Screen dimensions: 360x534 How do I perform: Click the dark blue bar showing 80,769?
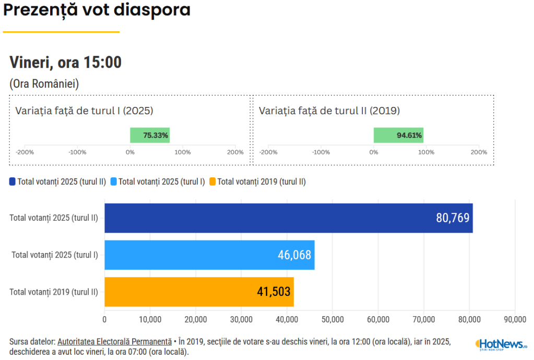288,218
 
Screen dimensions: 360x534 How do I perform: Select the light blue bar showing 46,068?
209,255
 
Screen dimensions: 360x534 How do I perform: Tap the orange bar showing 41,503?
199,292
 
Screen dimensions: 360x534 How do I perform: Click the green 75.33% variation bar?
150,135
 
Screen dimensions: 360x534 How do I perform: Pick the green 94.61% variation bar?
398,135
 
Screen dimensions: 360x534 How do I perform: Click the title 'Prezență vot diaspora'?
97,10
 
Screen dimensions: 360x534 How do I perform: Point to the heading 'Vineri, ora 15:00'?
65,63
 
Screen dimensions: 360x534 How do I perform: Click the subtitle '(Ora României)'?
44,83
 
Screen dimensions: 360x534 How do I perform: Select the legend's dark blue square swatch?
13,182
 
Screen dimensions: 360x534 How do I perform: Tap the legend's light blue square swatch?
114,182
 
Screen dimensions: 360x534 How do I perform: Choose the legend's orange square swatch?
212,182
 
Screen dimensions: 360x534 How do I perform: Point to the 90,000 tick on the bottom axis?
515,319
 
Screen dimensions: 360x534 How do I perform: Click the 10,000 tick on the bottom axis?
150,319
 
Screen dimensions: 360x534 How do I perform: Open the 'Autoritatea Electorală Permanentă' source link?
114,341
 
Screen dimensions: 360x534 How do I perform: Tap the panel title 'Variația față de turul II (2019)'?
329,111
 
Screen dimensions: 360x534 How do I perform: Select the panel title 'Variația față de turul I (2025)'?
84,111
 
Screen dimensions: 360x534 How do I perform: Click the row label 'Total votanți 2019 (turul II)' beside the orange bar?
54,292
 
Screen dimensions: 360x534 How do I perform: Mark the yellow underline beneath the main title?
61,32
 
